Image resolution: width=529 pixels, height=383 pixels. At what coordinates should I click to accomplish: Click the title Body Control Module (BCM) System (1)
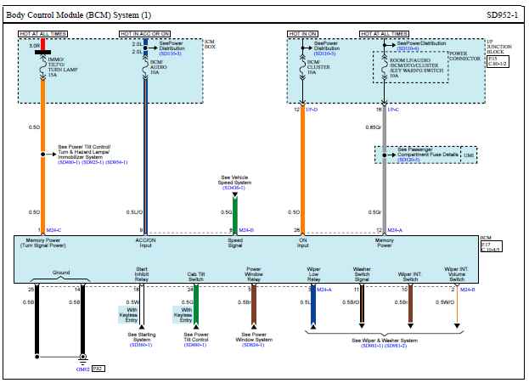(x=80, y=14)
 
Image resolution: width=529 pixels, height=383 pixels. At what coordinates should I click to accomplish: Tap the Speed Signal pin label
(x=234, y=244)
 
